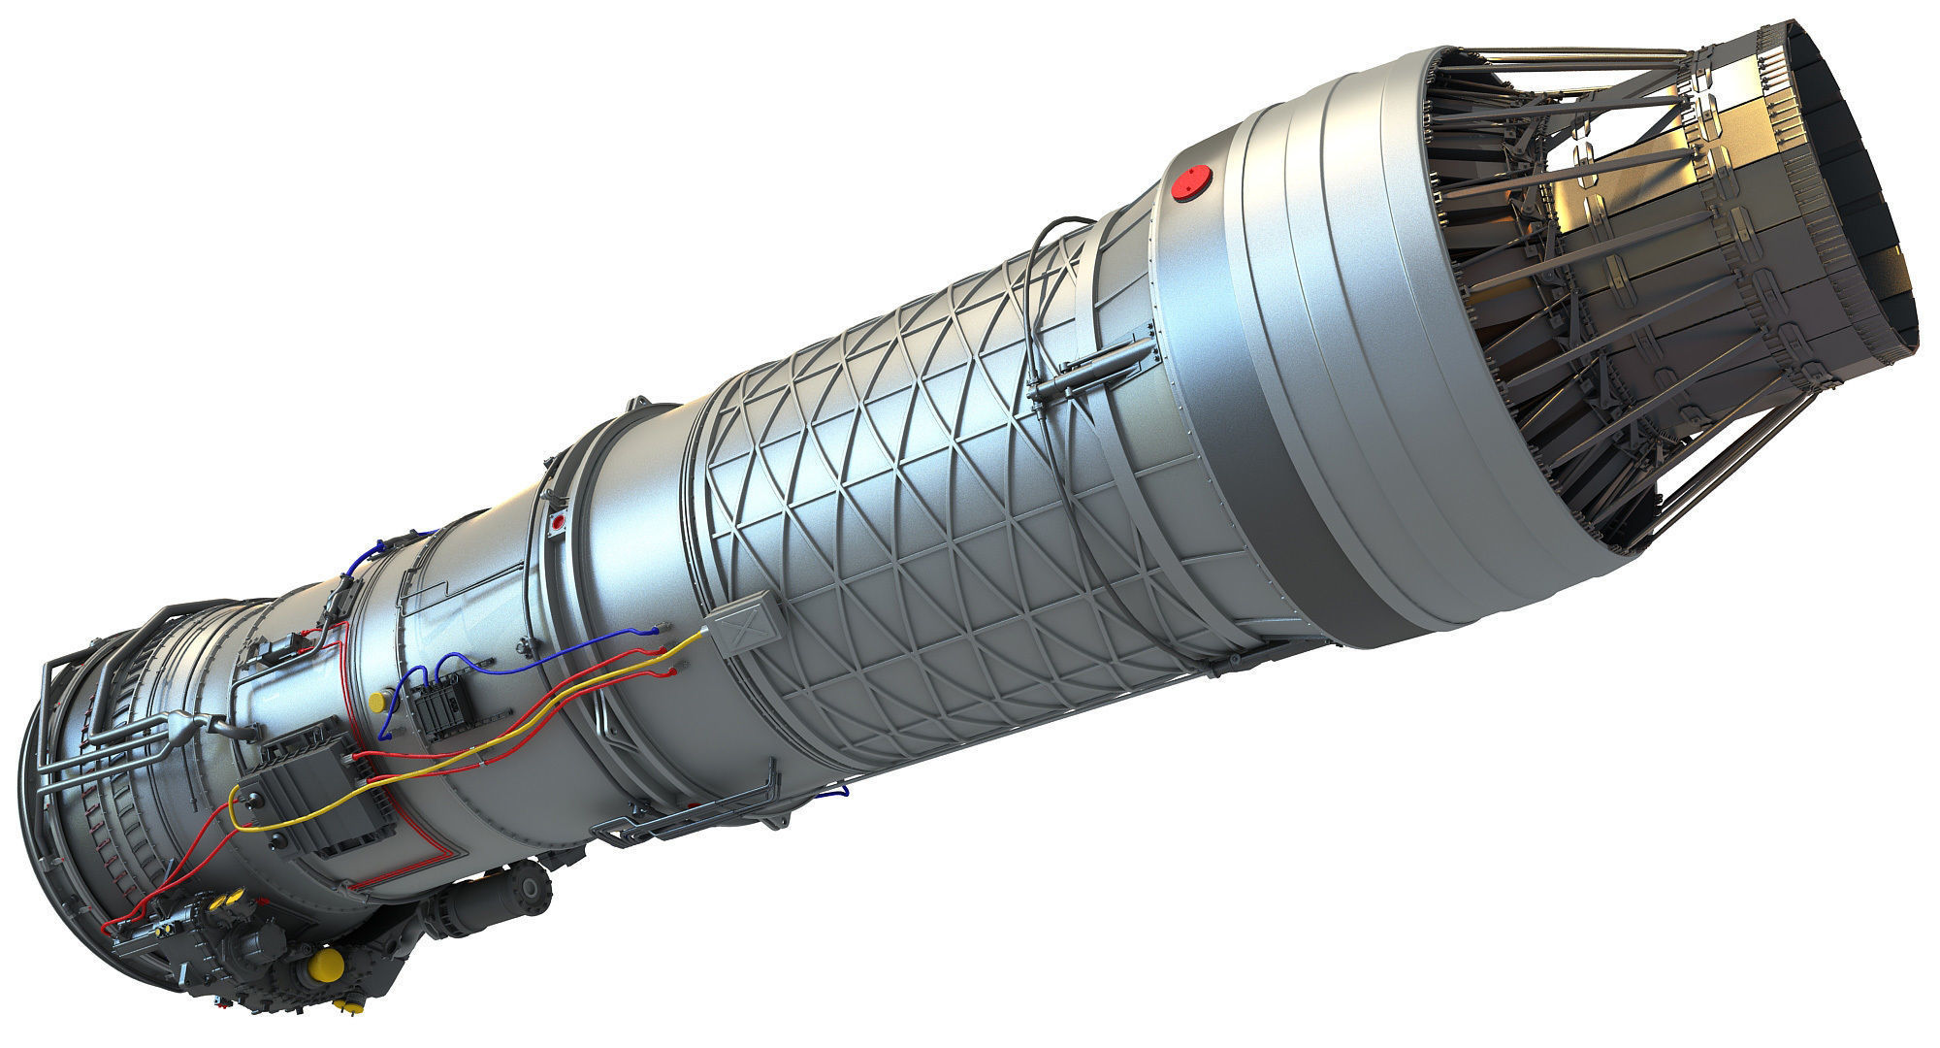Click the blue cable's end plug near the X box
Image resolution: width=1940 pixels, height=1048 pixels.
click(x=662, y=631)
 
